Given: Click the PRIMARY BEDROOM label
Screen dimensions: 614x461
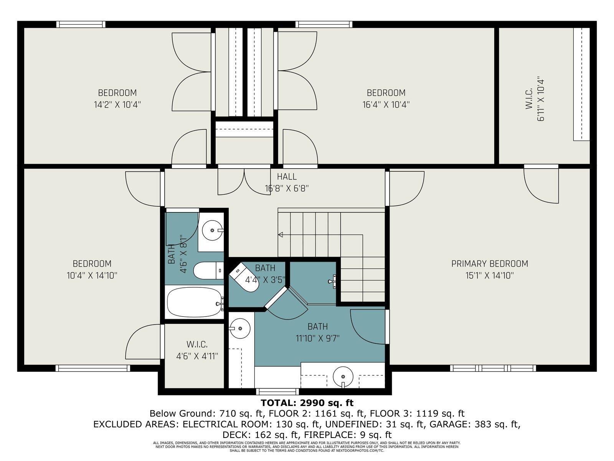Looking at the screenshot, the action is tap(490, 264).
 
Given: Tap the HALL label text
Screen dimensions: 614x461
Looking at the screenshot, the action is tap(287, 177).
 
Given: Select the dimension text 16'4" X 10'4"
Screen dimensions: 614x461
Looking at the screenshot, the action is tap(386, 104).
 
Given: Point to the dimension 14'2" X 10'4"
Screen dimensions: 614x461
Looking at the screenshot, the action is tap(117, 104).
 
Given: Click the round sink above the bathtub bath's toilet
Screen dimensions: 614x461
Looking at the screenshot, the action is tap(213, 230).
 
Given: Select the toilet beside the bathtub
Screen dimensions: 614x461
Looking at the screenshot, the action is tap(209, 271).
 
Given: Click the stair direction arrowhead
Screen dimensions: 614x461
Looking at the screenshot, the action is tap(280, 235).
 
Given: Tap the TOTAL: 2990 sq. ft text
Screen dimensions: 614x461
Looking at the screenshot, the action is tap(307, 403).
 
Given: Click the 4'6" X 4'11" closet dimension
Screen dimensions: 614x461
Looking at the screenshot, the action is tap(197, 356).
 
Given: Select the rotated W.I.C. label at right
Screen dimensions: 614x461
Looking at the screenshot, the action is tap(528, 99).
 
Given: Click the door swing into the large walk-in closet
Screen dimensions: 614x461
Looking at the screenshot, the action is tap(541, 186).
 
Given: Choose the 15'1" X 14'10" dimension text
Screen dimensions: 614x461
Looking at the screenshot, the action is tap(490, 275).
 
